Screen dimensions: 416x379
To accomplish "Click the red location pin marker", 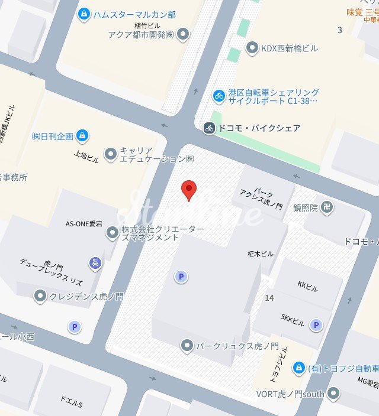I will [x=188, y=190].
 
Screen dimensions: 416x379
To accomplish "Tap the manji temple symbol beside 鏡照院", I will [x=328, y=207].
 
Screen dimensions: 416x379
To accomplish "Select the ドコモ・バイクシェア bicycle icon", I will [x=208, y=128].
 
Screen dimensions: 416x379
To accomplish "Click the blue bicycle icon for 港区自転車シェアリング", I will [x=219, y=95].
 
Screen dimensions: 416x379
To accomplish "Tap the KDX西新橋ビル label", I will [x=290, y=48].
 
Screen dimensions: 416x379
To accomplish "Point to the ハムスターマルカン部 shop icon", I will [x=84, y=14].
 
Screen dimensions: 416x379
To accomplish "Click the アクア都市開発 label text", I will [x=141, y=34].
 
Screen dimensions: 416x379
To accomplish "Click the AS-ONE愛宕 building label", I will [x=85, y=224].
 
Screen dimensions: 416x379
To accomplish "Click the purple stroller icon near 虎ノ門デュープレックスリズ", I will [x=95, y=262].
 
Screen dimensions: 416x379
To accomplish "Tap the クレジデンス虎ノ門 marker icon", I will [x=40, y=296].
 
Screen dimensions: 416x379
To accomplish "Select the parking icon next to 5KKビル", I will [x=316, y=324].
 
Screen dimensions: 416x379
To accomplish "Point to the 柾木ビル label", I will [x=260, y=253].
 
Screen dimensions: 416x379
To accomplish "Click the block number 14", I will [x=269, y=297].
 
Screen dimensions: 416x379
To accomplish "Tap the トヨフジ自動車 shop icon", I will [x=299, y=368].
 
